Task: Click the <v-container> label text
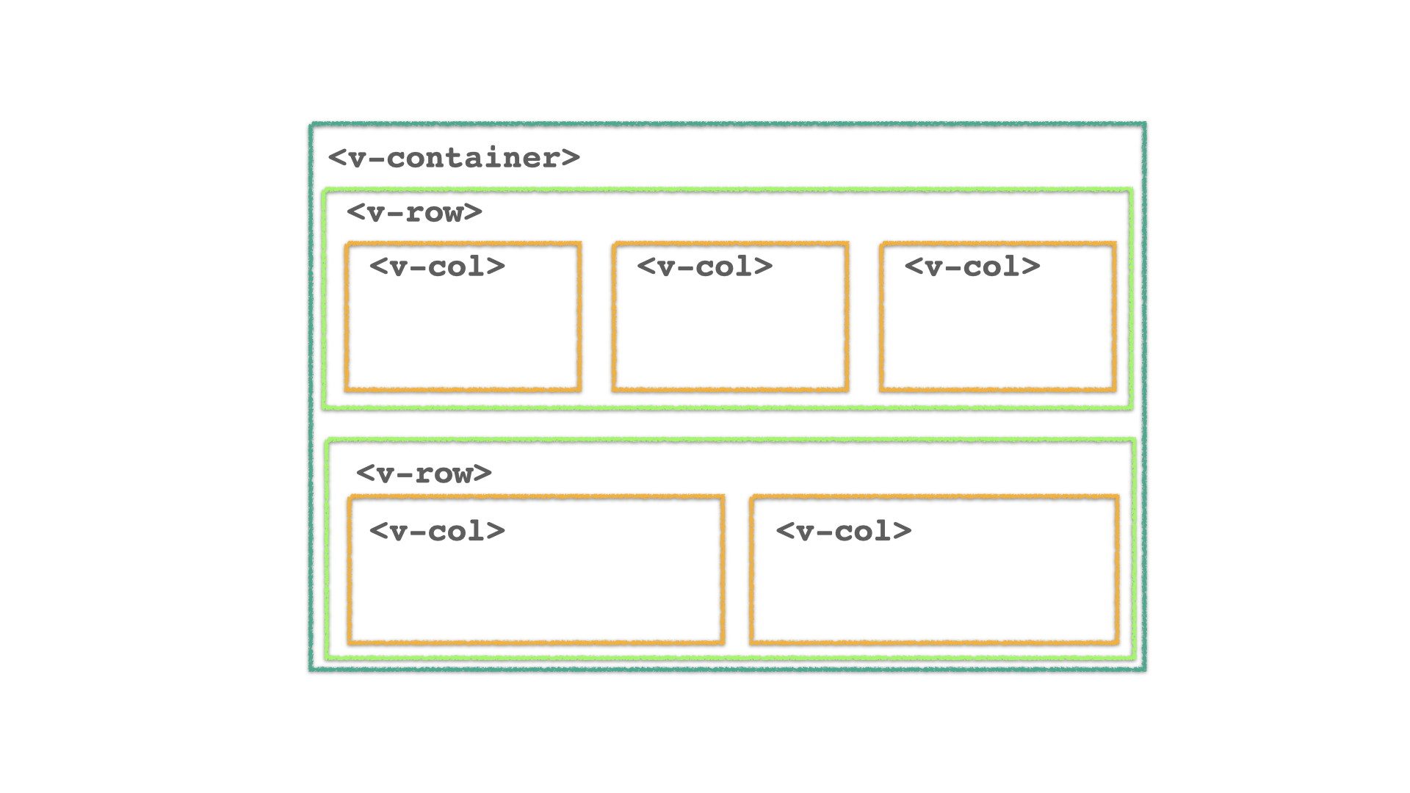pos(454,158)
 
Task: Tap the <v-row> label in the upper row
pos(414,212)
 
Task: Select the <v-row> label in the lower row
pos(424,473)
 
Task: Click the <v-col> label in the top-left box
pos(437,267)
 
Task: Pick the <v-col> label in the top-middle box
pos(704,267)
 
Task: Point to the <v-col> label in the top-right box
pos(972,267)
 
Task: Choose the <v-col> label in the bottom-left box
pos(437,532)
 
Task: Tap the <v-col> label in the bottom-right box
pos(843,532)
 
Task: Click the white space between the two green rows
pos(727,424)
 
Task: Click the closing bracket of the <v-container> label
pos(571,158)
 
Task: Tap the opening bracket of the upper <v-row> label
pos(355,212)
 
